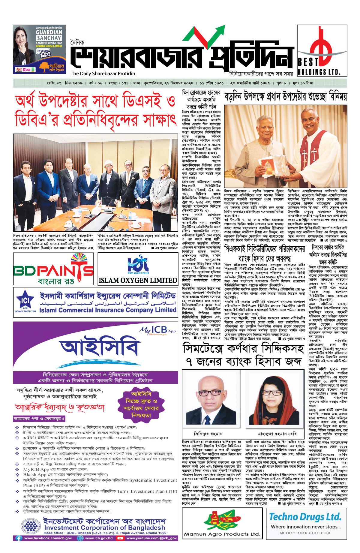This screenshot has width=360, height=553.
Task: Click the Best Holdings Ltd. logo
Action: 318,50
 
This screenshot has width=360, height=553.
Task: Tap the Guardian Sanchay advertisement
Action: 39,49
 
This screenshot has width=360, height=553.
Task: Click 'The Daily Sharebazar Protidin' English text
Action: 103,74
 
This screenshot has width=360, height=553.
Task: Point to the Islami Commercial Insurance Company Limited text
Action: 107,310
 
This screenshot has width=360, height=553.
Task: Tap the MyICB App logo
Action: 157,330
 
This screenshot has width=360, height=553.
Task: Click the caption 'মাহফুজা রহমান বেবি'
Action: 277,434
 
